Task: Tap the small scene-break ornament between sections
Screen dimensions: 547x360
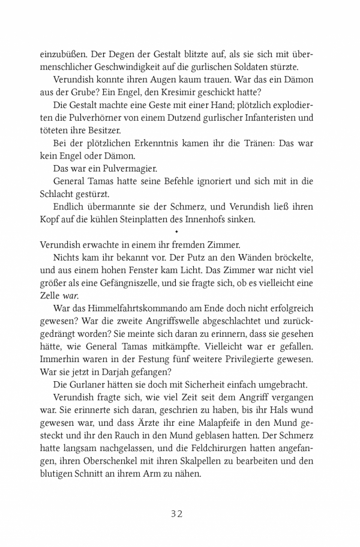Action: click(176, 231)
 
